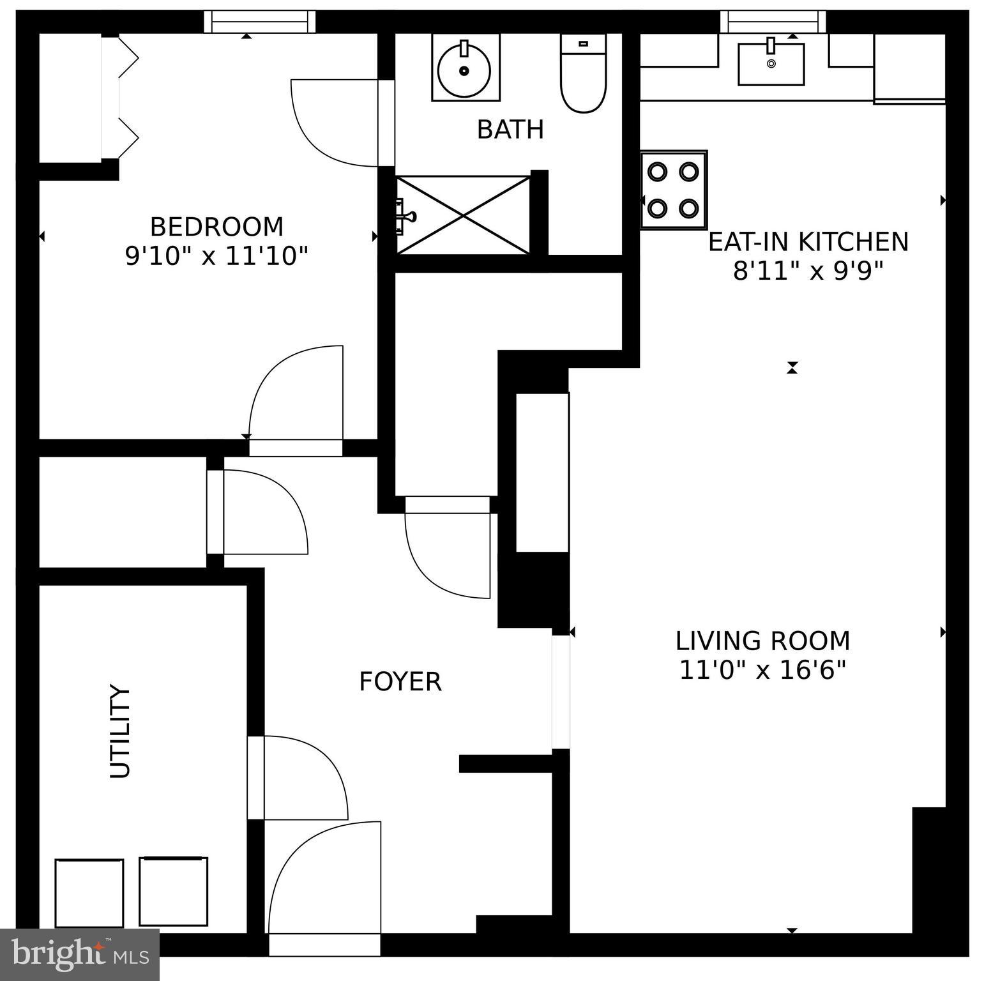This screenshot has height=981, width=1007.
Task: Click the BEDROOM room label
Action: point(216,227)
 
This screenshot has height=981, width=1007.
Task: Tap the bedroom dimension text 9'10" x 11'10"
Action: point(216,256)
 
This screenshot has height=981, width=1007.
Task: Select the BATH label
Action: point(510,130)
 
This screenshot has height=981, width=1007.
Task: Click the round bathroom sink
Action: point(465,68)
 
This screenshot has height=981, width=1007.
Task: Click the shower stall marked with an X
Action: point(464,215)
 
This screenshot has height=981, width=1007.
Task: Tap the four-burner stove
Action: point(674,190)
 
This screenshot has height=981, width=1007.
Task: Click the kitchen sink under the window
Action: point(771,63)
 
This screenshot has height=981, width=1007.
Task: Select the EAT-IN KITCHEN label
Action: point(808,241)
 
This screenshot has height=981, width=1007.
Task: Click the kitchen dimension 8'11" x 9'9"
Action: point(808,271)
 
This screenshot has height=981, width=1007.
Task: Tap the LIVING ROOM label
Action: point(762,641)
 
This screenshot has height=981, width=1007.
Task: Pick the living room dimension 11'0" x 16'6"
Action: point(762,671)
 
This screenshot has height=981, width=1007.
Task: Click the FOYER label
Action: point(400,681)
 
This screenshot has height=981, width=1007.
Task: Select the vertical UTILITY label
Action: point(120,731)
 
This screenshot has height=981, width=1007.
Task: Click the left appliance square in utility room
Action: point(89,892)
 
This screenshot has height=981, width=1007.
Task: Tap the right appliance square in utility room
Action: point(174,891)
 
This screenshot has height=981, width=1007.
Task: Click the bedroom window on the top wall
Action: point(259,22)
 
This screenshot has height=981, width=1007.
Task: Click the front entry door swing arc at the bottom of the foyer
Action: point(322,881)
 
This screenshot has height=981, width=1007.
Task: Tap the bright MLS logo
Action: point(79,954)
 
